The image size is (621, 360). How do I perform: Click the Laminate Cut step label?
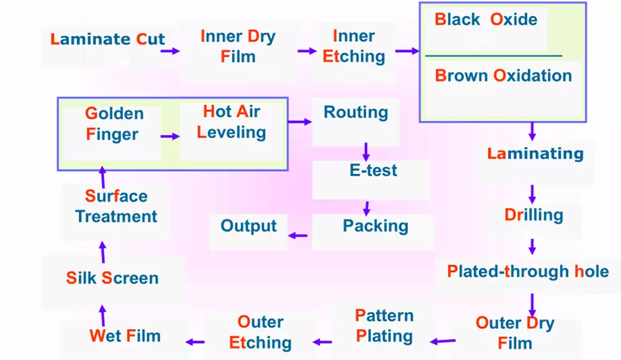coord(108,40)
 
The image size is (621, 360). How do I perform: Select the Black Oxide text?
coord(486,20)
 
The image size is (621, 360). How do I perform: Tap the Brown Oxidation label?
coord(503,76)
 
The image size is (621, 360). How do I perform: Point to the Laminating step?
coord(535,153)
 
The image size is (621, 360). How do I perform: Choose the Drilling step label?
coord(533,215)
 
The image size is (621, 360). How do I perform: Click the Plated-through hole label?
coord(528,271)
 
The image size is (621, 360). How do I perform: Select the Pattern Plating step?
coord(384,326)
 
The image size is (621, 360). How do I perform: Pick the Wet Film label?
coord(125,336)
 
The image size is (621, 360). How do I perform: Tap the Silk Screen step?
coord(112,277)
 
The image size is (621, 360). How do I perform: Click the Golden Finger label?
coord(114,124)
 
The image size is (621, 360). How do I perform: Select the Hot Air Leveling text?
coord(231,122)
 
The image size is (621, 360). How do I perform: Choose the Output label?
coord(248,225)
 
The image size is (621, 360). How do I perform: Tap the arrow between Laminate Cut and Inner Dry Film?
coord(170,51)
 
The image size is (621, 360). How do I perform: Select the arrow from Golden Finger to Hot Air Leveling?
coord(169,136)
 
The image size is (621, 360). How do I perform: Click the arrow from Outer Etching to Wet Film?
coord(196,341)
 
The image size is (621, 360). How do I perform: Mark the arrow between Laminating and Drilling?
coord(532,191)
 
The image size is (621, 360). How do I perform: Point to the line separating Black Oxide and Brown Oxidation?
coord(494,56)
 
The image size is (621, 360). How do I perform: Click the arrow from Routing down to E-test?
coord(366,150)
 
